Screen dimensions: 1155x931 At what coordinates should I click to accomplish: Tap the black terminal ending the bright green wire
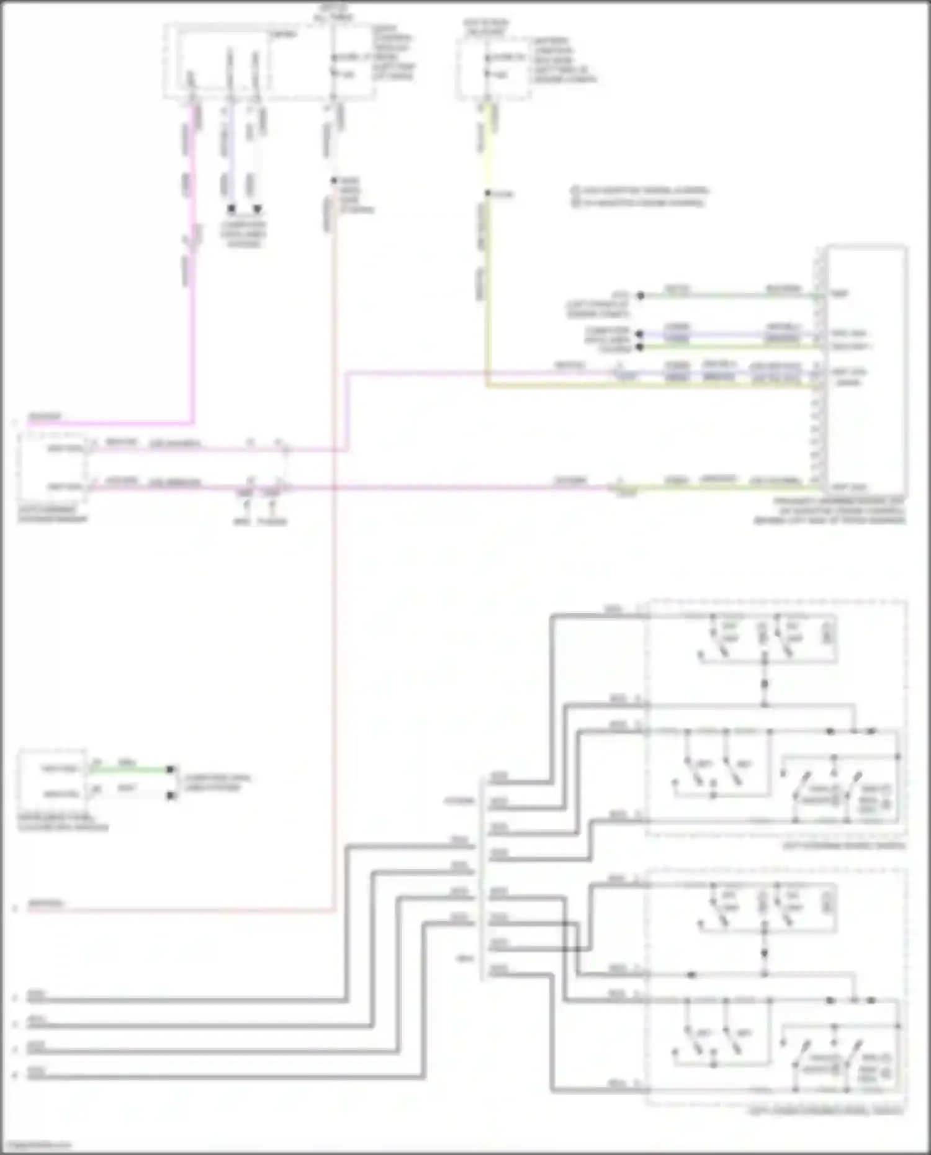click(171, 770)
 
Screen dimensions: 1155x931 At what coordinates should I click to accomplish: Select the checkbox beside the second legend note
click(575, 202)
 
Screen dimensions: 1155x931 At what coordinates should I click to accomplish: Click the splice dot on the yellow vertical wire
click(487, 194)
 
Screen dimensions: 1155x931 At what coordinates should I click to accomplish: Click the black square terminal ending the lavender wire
click(231, 209)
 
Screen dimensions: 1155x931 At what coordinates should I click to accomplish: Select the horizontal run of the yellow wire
click(652, 386)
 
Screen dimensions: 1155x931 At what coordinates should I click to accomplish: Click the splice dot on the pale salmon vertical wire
click(333, 181)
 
